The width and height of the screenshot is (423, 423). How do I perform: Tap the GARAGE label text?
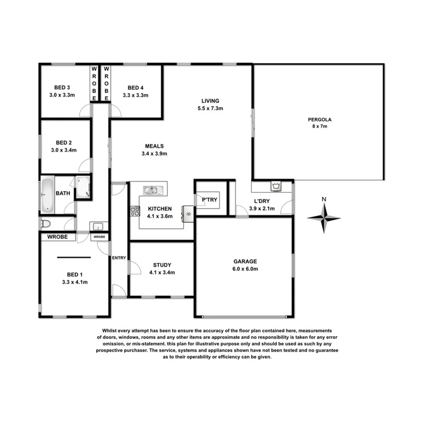click(x=245, y=261)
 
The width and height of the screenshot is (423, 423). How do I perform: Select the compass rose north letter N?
click(x=324, y=199)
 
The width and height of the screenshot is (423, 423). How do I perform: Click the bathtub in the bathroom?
click(x=48, y=195)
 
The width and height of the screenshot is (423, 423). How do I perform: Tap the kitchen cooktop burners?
click(x=135, y=210)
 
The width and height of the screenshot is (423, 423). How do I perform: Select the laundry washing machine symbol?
click(x=275, y=186)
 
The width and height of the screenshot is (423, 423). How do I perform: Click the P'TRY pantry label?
click(x=209, y=200)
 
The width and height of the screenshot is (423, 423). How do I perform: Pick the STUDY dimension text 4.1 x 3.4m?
click(x=162, y=273)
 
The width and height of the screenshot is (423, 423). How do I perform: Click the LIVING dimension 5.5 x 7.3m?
click(x=211, y=108)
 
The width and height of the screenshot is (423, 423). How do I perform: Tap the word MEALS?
click(x=154, y=146)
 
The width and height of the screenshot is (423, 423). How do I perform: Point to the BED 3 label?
click(x=62, y=88)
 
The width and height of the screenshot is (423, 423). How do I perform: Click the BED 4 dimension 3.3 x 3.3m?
click(x=136, y=95)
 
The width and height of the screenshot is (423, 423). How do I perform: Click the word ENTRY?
click(x=119, y=258)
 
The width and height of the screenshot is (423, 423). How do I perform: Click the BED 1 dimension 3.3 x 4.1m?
click(x=74, y=282)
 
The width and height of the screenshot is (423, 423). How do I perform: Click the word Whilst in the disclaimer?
click(x=112, y=330)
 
